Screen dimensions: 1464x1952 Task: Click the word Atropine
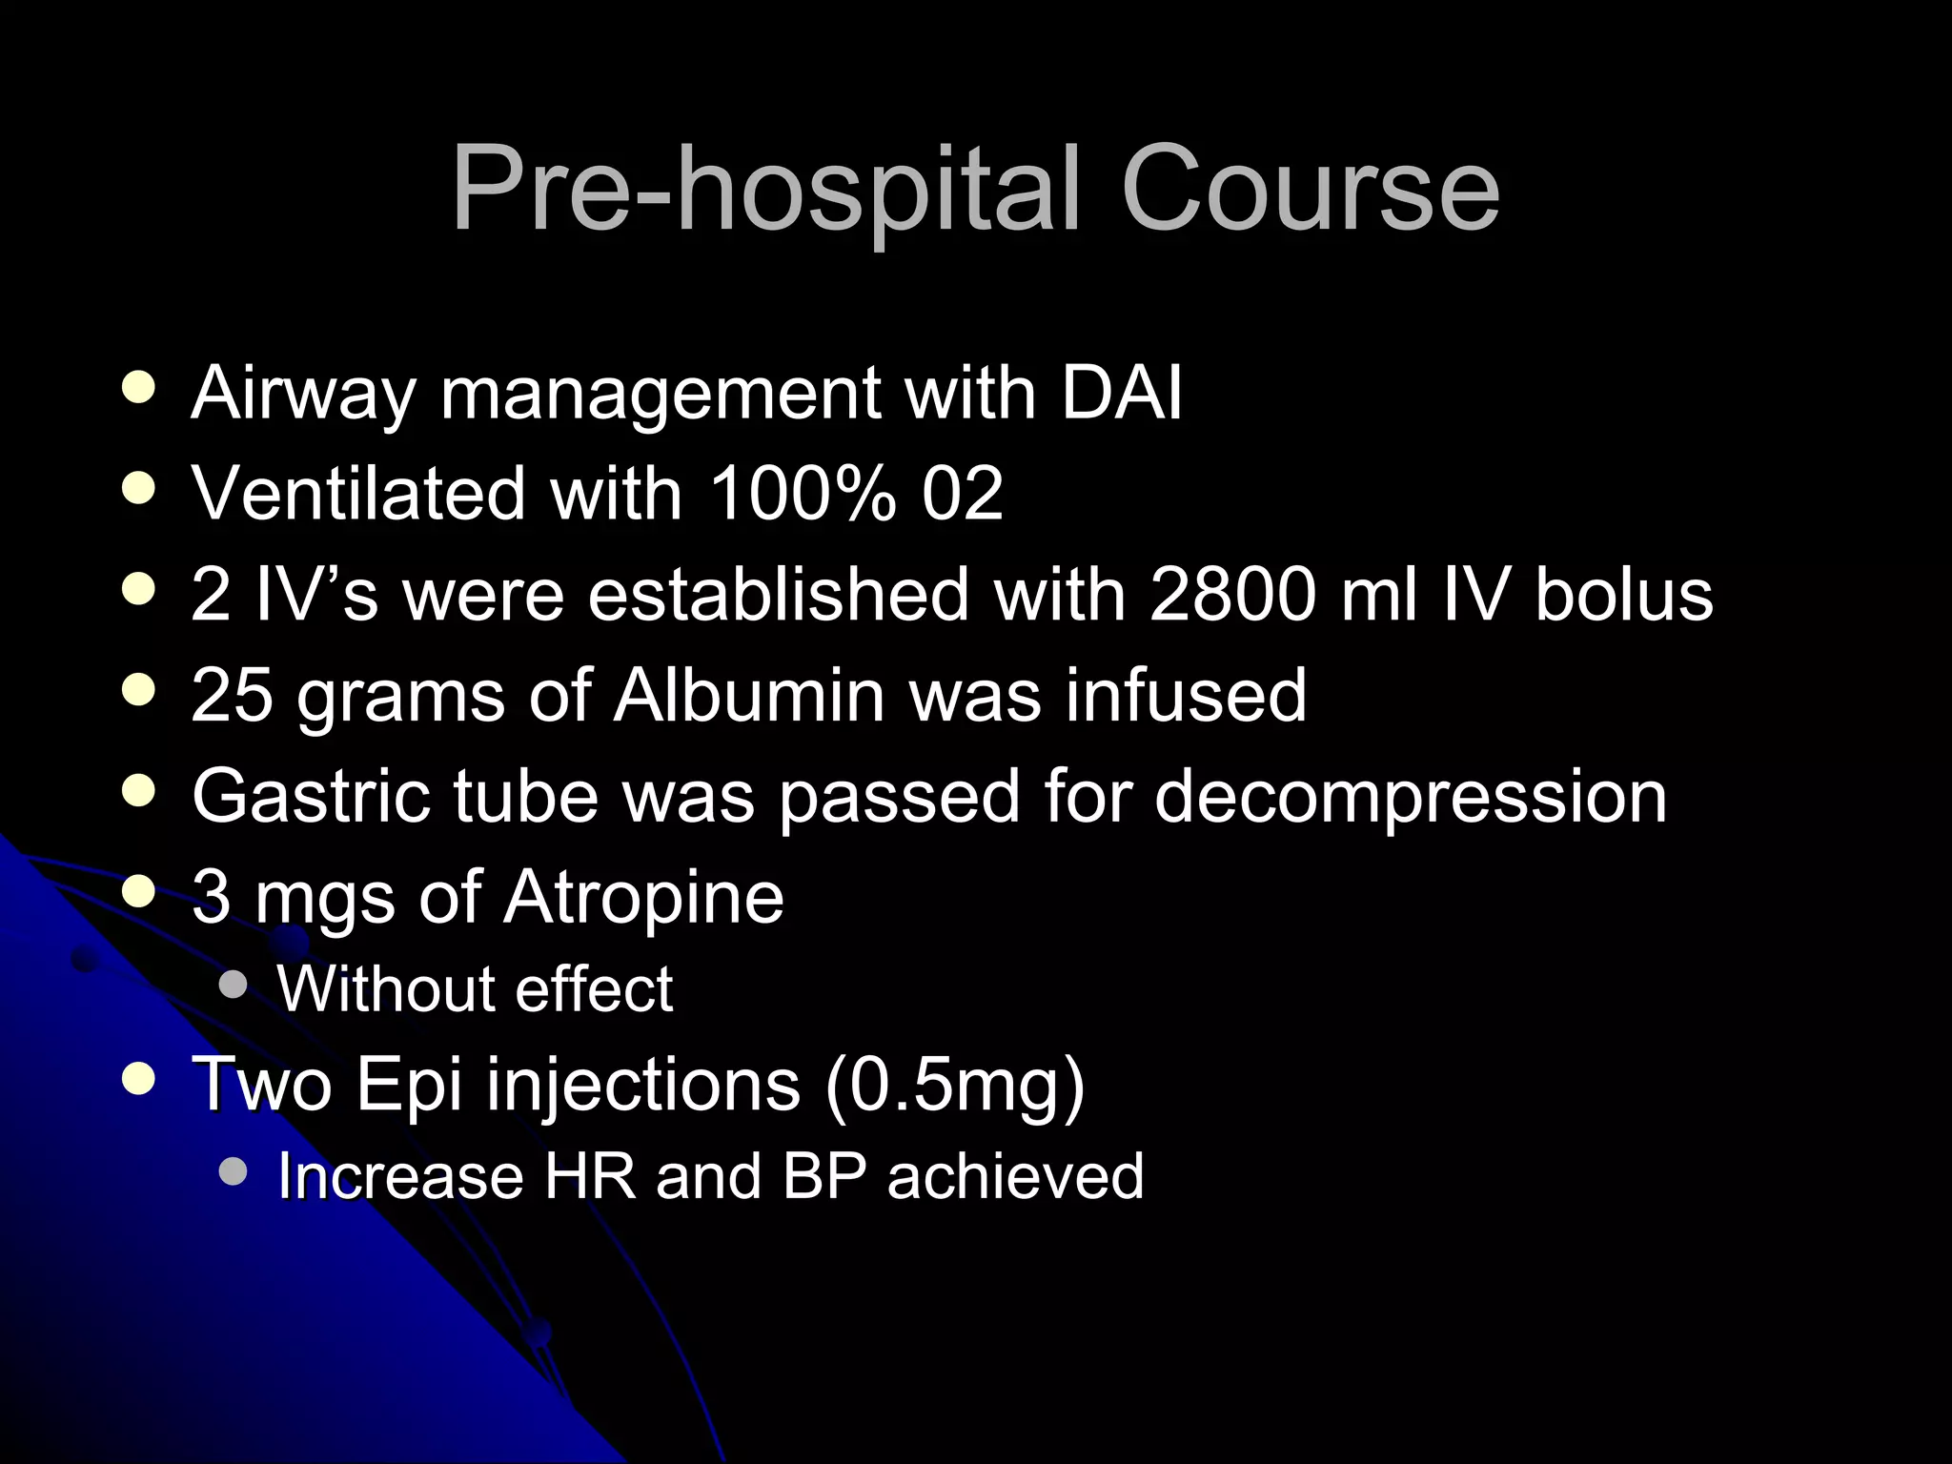643,898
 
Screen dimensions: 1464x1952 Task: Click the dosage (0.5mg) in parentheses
954,1086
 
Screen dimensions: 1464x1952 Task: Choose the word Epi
409,1086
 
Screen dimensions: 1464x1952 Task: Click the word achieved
1015,1176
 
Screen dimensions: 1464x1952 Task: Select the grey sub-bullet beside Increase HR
233,1171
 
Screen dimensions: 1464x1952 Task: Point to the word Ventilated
358,493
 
